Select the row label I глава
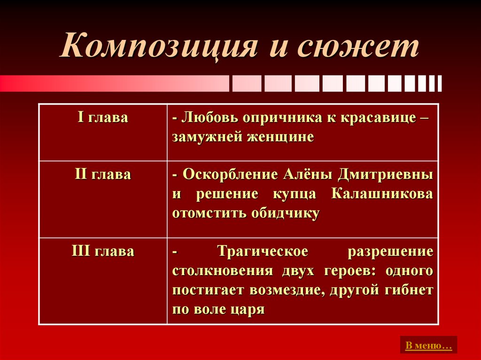click(x=102, y=118)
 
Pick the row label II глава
click(x=102, y=175)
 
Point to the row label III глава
click(x=102, y=251)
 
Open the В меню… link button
click(x=428, y=346)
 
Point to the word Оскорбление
click(x=231, y=175)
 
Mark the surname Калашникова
click(x=382, y=194)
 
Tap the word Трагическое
click(x=263, y=251)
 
